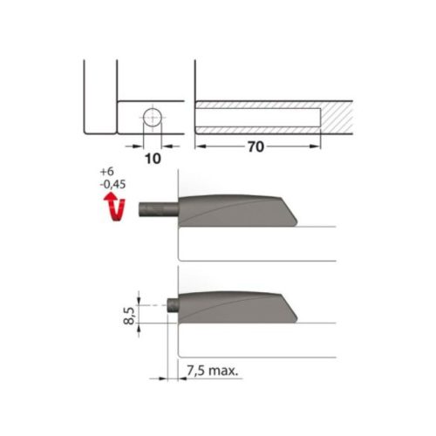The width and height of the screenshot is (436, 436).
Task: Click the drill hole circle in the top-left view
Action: coord(152,117)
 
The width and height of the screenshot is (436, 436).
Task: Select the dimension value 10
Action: coord(152,159)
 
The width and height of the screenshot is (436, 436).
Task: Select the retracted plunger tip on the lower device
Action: coord(173,307)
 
